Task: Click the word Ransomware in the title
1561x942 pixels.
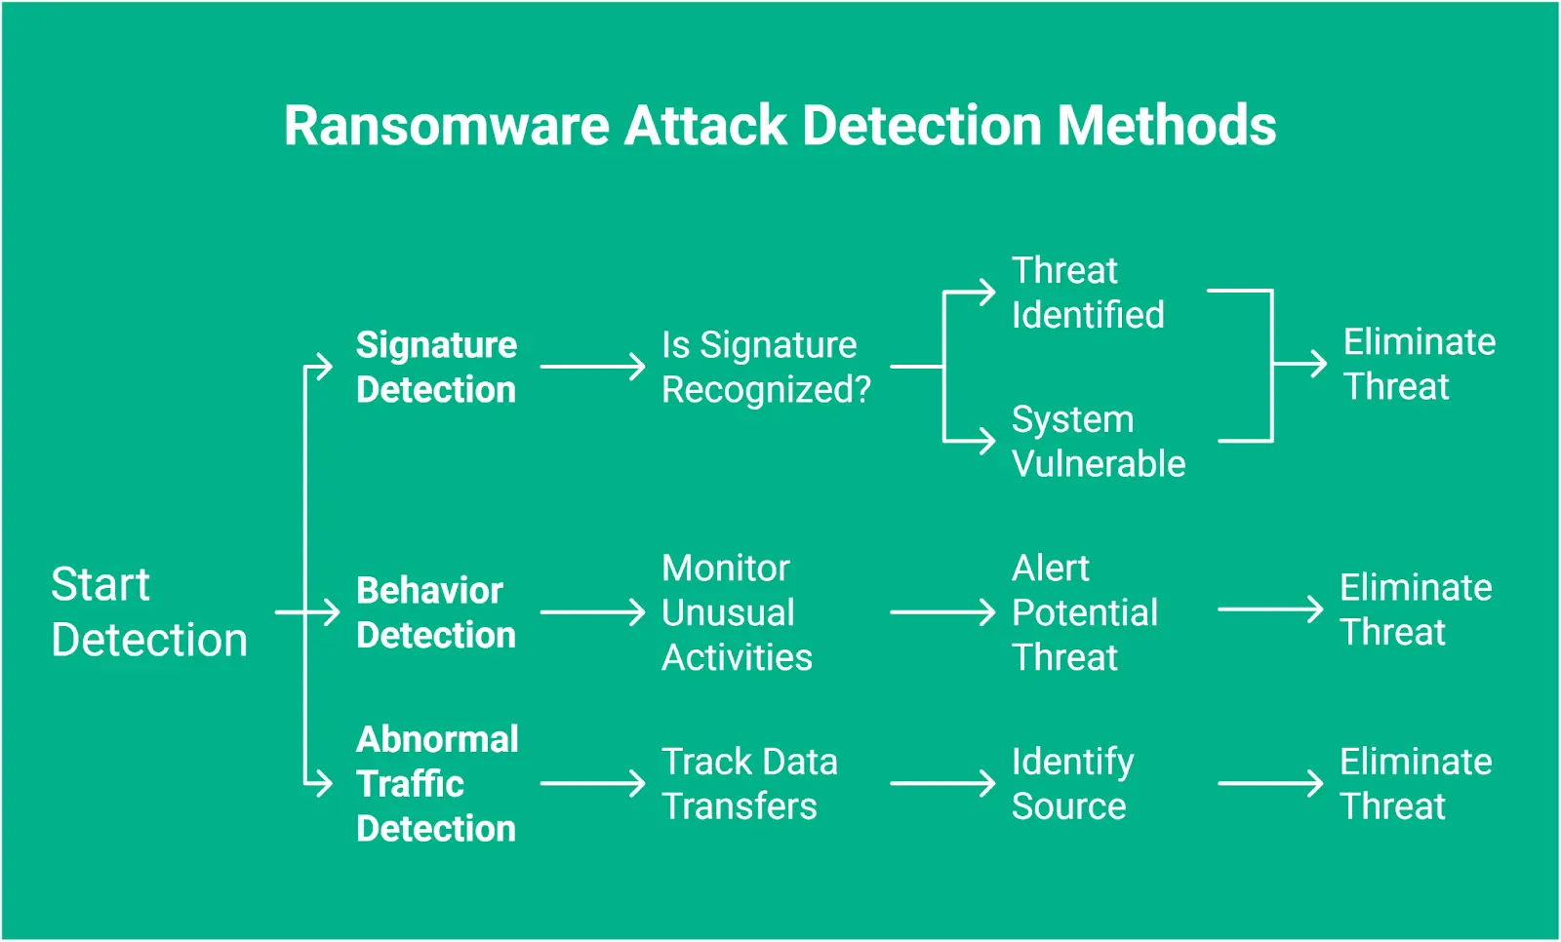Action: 447,127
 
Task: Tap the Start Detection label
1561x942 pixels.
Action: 148,612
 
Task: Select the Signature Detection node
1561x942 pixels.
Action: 436,368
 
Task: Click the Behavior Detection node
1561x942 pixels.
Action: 435,612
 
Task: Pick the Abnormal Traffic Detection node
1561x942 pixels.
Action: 436,784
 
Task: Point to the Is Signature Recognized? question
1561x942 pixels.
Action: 765,368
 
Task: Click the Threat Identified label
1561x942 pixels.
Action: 1087,293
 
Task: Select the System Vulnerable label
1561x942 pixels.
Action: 1098,442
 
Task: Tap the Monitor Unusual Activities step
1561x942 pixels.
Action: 736,612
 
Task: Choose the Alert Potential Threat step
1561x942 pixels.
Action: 1084,612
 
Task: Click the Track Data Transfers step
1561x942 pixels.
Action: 748,784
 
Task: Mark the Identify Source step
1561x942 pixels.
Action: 1072,784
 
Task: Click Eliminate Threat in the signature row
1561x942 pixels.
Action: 1419,365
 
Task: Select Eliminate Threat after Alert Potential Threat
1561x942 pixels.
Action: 1415,610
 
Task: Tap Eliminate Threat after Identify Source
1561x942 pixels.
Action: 1415,784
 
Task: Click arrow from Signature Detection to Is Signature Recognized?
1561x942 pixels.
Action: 592,368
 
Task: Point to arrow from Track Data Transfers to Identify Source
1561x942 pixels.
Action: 941,783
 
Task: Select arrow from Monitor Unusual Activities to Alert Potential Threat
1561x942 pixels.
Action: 941,612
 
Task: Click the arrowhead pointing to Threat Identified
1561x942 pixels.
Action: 987,291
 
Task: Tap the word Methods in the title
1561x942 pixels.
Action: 1167,127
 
